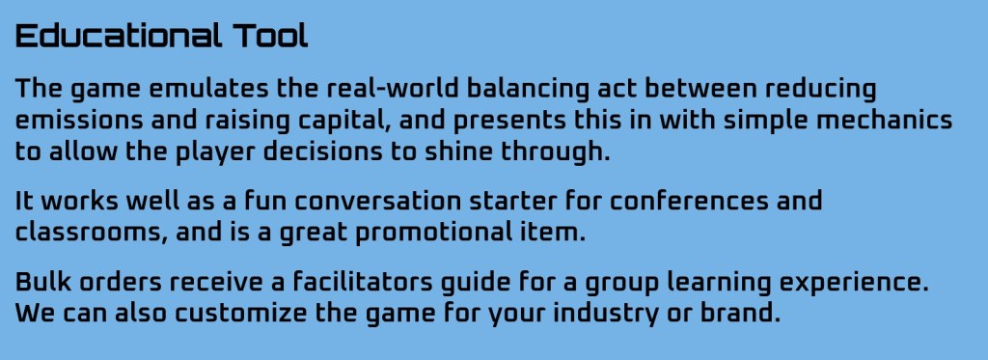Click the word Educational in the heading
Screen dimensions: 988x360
point(119,37)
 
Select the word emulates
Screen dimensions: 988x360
point(208,89)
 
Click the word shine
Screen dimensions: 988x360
point(458,152)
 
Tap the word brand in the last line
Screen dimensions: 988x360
point(740,314)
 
